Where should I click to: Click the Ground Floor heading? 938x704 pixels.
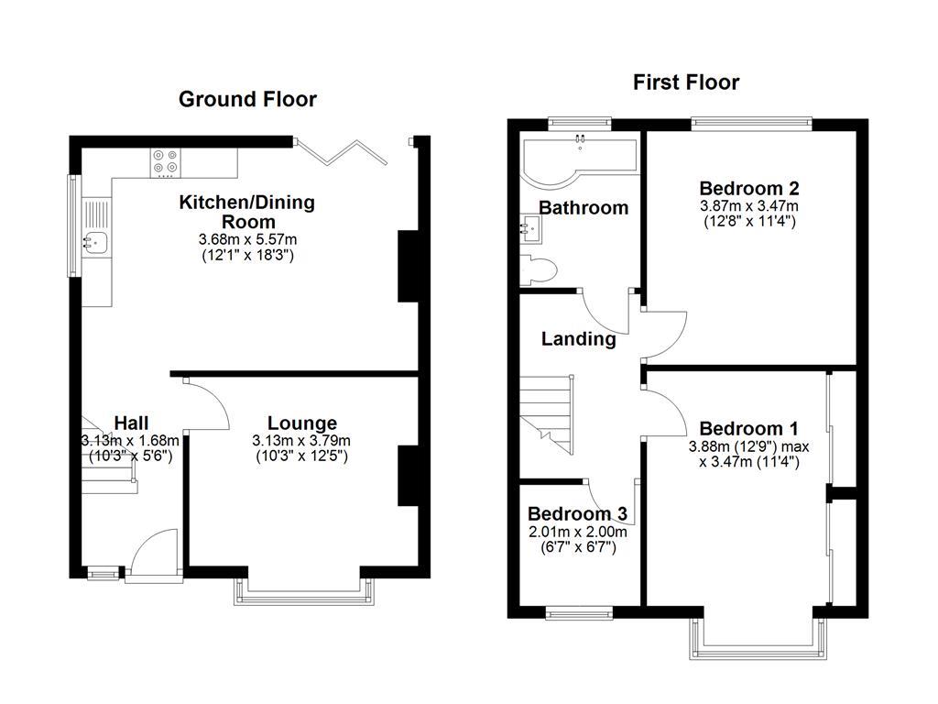coord(247,99)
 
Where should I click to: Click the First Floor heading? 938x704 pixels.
coord(686,82)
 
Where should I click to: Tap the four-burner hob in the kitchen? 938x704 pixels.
coord(166,162)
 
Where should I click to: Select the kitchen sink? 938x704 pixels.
coord(95,242)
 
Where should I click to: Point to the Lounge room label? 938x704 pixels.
coord(301,423)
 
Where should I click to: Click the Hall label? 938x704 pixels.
coord(131,423)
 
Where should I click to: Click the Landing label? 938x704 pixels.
coord(578,339)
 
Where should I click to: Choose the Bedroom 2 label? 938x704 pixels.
coord(748,189)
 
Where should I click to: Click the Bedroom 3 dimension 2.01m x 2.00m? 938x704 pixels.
coord(576,533)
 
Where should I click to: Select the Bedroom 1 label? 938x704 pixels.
coord(748,429)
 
